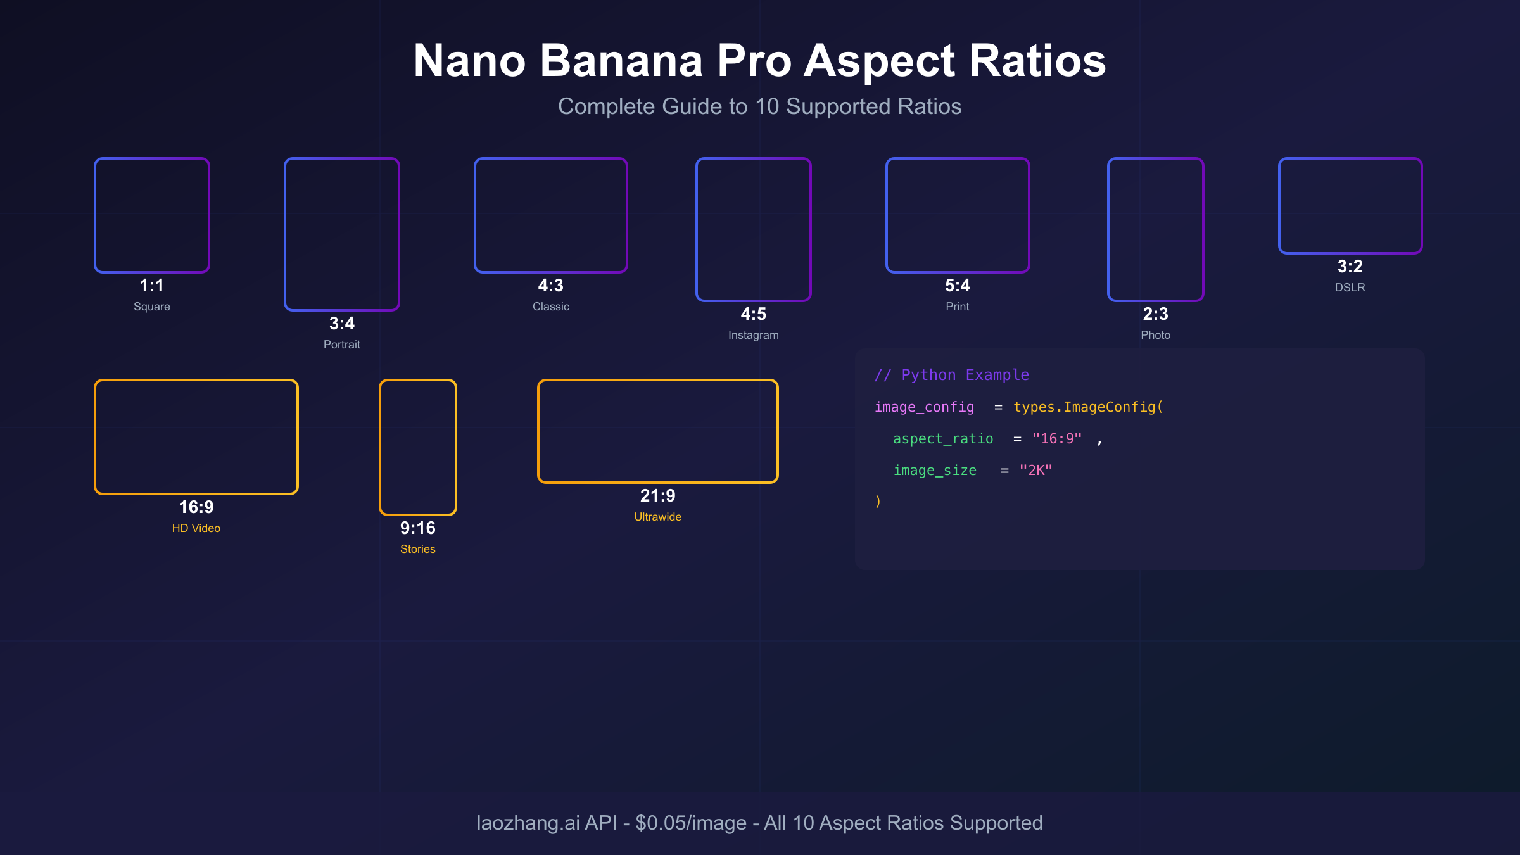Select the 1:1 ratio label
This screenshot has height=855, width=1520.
pos(152,286)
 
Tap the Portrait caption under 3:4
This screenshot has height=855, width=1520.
pos(342,345)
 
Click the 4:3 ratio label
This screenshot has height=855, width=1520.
pos(551,286)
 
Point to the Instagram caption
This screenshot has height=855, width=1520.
pos(754,335)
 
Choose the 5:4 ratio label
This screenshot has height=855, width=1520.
pos(958,286)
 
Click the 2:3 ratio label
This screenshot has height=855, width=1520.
pos(1156,314)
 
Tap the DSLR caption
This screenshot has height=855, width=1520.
pos(1350,288)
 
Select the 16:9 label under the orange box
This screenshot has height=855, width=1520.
pos(196,507)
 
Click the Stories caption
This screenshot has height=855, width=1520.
pos(418,549)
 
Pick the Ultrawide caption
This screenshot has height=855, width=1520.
pos(658,517)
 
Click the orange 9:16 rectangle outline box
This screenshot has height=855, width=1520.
pos(418,447)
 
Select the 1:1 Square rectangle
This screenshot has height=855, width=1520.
pos(152,215)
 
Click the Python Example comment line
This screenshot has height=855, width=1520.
pos(952,375)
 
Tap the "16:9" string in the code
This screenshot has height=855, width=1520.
pos(1057,438)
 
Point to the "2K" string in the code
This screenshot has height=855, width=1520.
pos(1035,470)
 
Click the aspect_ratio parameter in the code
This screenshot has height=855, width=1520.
pos(943,438)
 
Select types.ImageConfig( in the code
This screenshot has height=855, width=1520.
pos(1088,407)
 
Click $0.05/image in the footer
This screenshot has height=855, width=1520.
pos(691,823)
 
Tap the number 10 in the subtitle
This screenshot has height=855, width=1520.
pos(767,106)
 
